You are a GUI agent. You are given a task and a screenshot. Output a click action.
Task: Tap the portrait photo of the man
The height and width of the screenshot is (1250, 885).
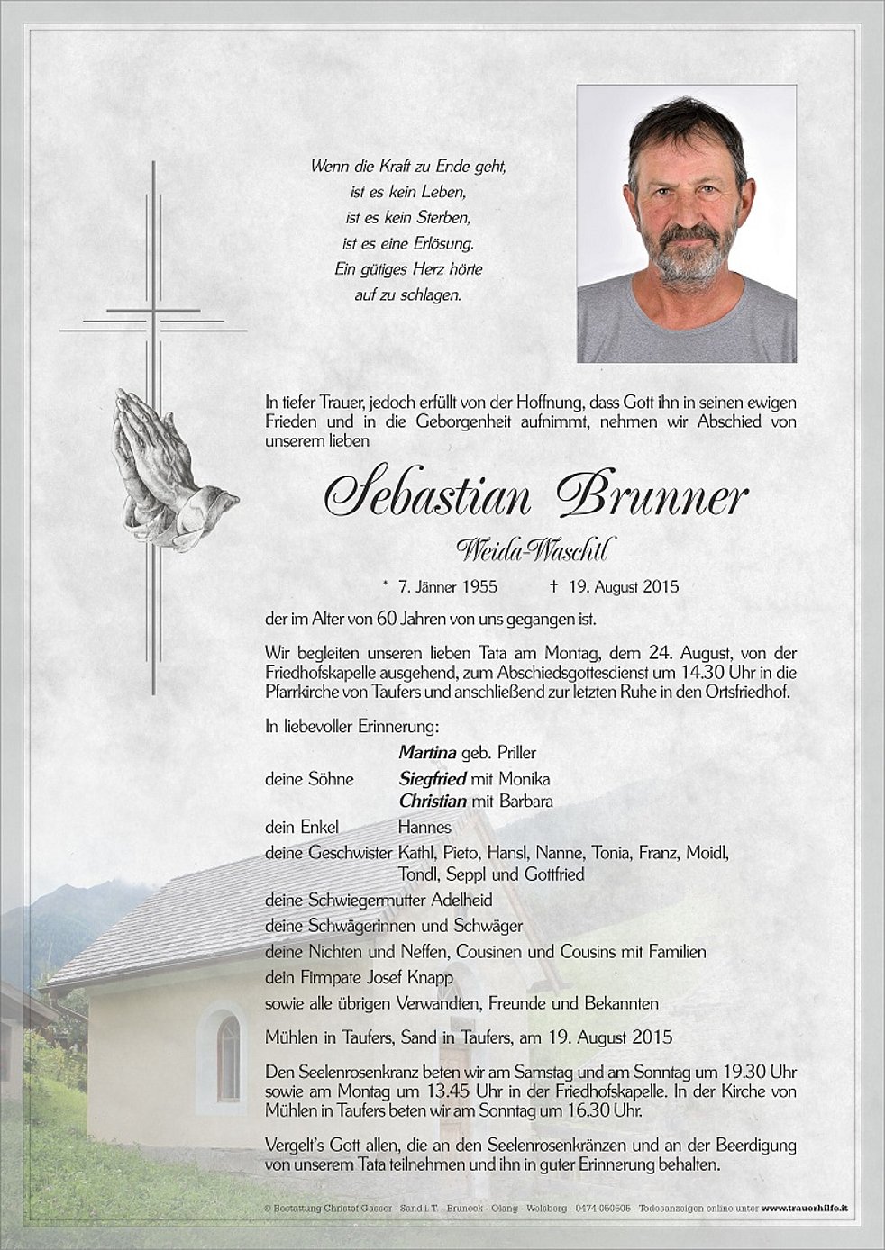point(686,223)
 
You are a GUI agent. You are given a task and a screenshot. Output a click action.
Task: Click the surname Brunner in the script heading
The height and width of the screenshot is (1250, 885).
point(652,495)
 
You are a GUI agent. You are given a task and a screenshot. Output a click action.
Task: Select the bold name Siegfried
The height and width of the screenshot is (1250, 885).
point(433,779)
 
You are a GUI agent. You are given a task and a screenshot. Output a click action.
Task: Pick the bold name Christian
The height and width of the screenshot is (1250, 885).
point(433,801)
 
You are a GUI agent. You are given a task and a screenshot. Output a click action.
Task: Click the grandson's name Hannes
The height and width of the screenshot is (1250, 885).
point(424,827)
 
